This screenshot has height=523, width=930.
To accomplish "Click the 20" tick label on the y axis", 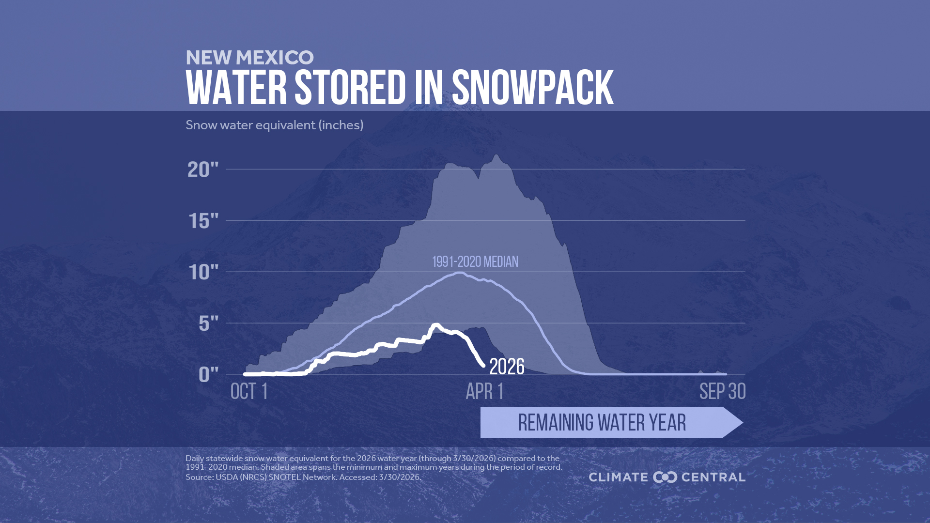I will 203,169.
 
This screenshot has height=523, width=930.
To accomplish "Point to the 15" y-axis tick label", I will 203,221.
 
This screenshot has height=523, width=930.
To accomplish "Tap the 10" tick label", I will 203,273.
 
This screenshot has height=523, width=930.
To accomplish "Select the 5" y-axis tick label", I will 208,323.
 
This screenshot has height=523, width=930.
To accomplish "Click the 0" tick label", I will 208,374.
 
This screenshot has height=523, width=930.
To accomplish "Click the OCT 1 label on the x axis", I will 249,391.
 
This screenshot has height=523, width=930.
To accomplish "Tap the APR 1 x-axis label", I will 484,391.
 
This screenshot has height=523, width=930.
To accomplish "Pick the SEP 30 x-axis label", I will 722,391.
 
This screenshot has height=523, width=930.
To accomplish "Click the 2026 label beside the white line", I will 507,367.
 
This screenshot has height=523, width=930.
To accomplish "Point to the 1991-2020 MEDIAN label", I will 475,262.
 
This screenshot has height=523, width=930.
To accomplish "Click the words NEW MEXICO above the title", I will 249,58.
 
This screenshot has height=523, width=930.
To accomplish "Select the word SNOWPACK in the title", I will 532,88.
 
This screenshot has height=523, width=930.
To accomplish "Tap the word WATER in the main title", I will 236,88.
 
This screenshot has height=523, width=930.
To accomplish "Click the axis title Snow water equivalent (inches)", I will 274,125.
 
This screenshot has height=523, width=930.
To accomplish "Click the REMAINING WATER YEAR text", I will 602,422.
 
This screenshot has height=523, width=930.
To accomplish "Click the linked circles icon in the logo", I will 665,477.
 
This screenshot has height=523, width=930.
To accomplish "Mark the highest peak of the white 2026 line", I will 436,325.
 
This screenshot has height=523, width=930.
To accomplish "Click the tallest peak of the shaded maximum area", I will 496,156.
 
